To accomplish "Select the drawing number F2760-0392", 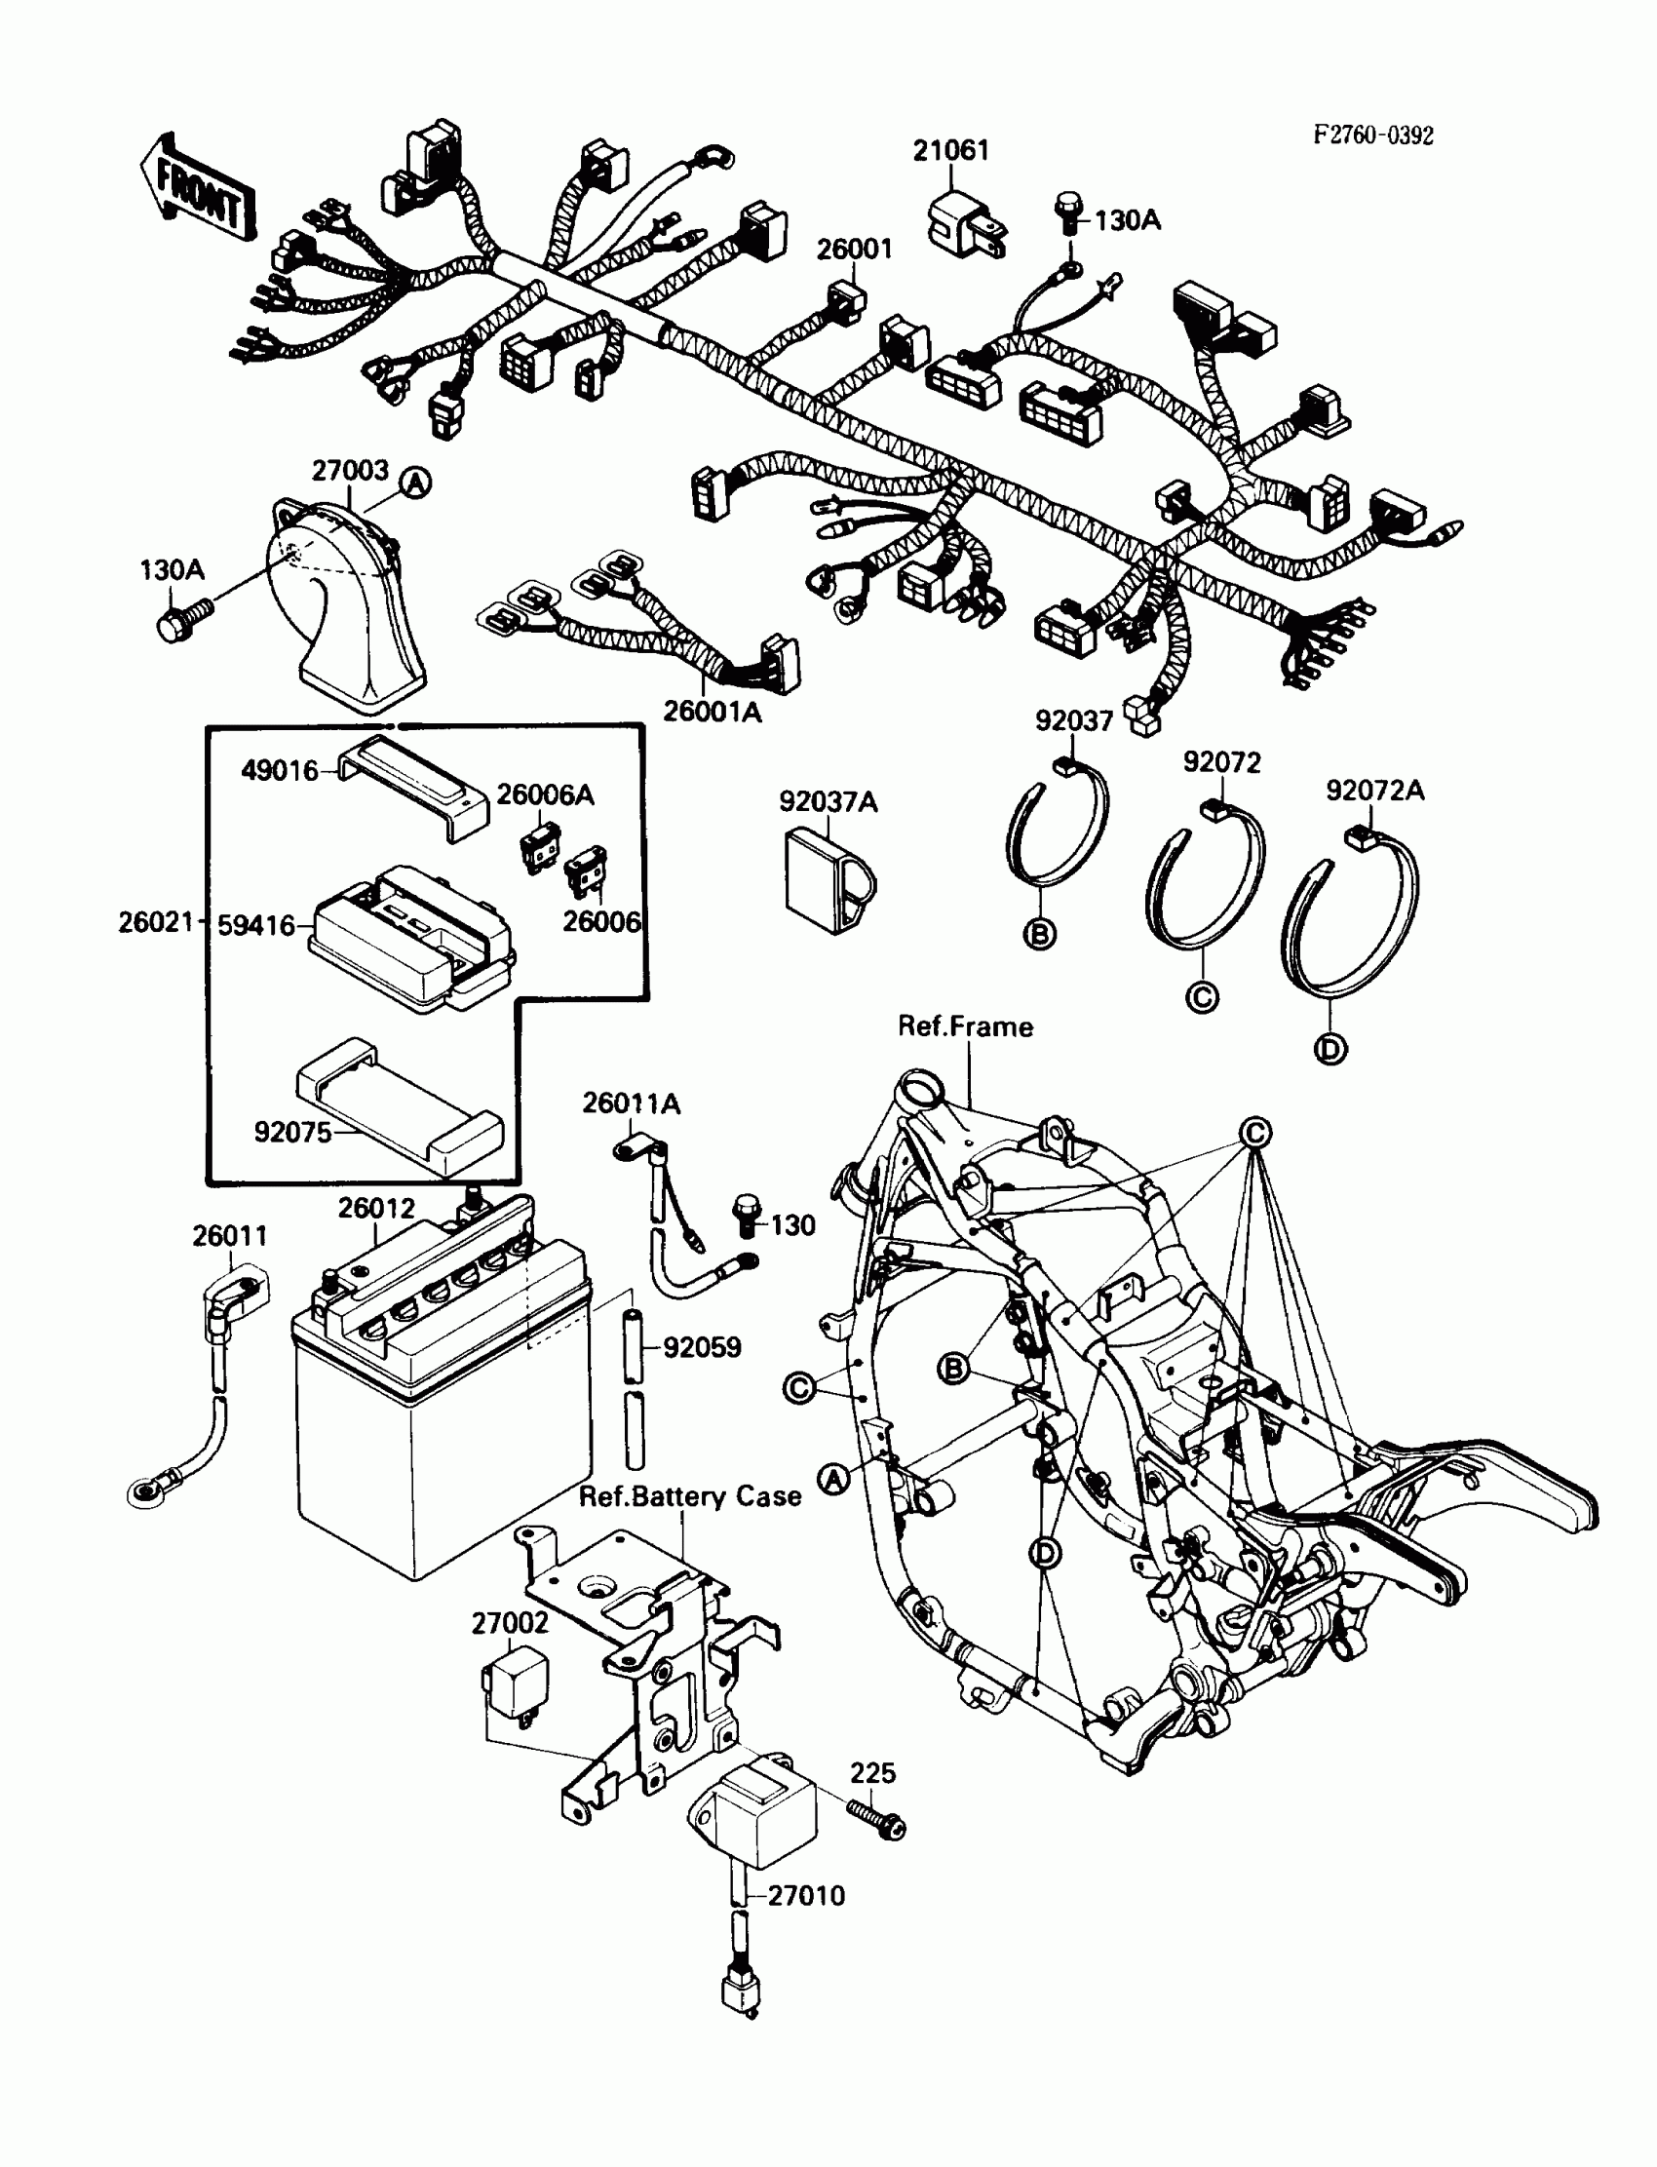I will click(x=1372, y=135).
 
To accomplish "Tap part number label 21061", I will click(x=949, y=151).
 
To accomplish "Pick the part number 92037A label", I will click(x=828, y=802).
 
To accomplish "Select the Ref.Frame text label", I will click(x=965, y=1026).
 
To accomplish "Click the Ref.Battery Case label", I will click(x=689, y=1496).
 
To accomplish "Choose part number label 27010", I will click(x=806, y=1896).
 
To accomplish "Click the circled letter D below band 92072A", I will click(x=1330, y=1049).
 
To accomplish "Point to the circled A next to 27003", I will click(x=416, y=484).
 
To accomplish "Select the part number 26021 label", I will click(x=156, y=922).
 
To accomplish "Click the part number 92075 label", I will click(x=293, y=1132).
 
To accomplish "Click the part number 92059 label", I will click(x=701, y=1347).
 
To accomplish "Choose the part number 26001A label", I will click(x=713, y=712).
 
